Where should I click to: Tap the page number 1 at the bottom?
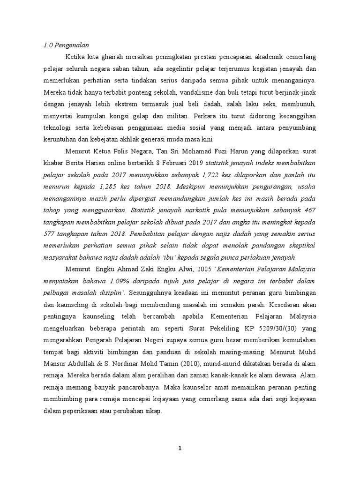(x=180, y=449)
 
